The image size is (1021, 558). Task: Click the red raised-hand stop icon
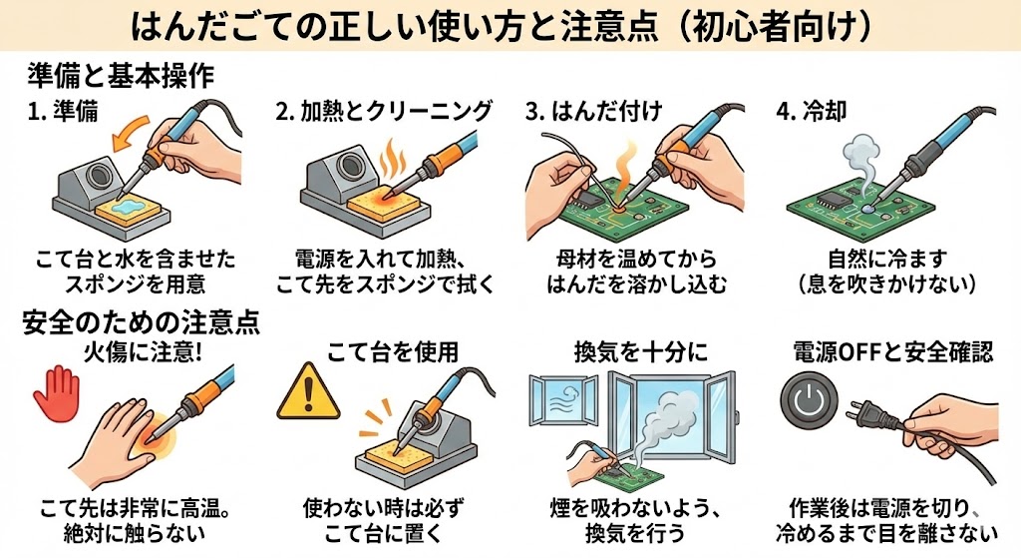pyautogui.click(x=56, y=391)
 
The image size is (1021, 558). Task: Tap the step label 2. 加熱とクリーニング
pyautogui.click(x=384, y=111)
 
